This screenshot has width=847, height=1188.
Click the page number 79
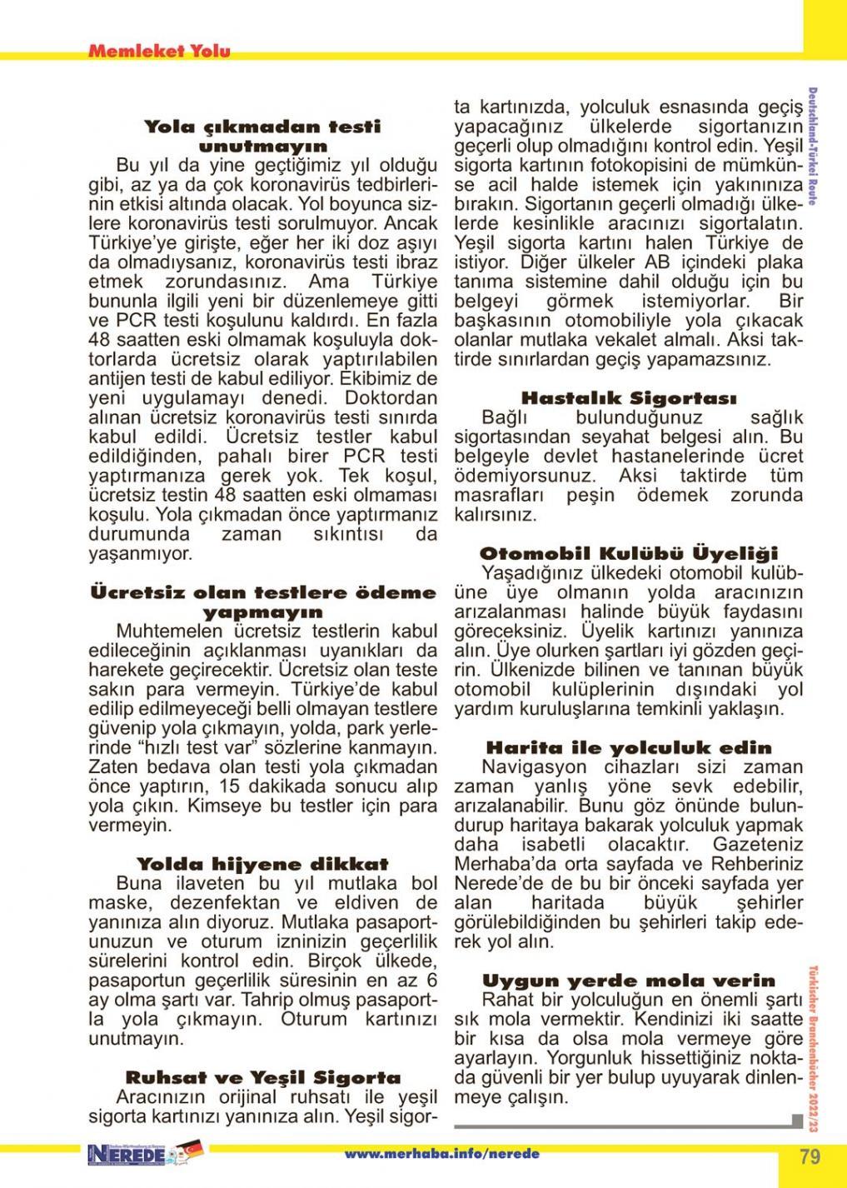coord(810,1156)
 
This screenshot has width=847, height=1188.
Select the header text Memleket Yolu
coord(159,52)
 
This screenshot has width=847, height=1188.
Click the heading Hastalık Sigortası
coord(629,398)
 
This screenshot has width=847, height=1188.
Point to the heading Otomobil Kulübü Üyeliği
coord(629,553)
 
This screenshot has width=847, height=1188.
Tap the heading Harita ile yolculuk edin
coord(629,747)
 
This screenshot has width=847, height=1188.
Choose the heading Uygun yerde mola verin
coord(629,980)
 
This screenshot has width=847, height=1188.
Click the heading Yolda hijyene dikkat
coord(262,864)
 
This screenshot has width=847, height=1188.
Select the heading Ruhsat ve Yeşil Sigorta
coord(262,1077)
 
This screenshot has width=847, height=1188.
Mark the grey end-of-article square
coord(797,1121)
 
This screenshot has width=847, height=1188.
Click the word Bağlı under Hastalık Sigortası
coord(507,417)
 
